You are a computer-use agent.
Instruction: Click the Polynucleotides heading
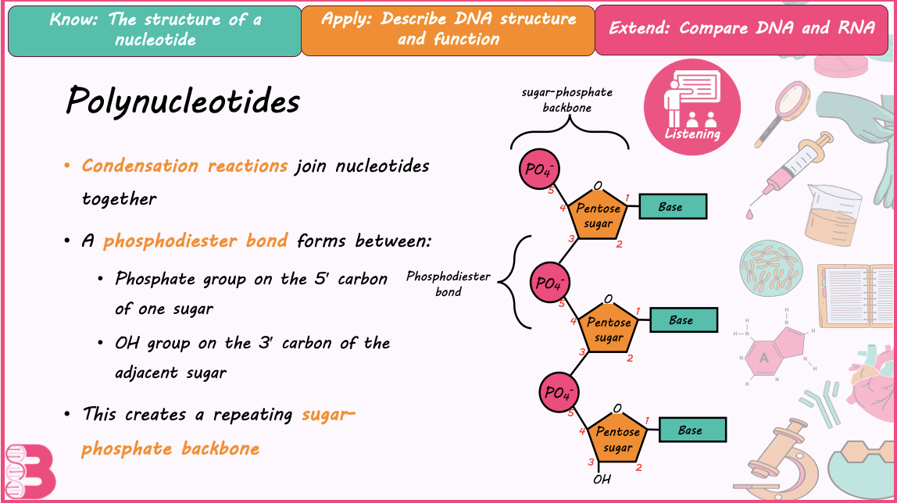coord(183,102)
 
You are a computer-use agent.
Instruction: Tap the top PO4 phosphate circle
coord(538,169)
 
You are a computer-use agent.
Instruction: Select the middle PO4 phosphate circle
coord(550,283)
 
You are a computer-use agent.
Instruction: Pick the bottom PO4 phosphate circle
coord(559,393)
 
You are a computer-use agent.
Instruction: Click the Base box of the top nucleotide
coord(673,206)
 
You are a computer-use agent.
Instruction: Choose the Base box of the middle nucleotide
coord(684,320)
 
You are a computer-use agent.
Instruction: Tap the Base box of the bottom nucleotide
coord(693,430)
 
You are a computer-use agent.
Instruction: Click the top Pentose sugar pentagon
coord(598,214)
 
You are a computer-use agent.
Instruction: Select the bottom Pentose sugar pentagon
coord(617,438)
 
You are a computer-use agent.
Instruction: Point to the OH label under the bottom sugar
coord(602,480)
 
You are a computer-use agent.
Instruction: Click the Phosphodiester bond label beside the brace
coord(448,284)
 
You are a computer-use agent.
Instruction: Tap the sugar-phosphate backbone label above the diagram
coord(567,100)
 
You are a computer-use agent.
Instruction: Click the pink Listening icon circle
coord(692,108)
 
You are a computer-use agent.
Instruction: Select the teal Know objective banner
coord(155,31)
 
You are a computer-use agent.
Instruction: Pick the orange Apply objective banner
coord(448,30)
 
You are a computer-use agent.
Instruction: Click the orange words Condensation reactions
coord(184,166)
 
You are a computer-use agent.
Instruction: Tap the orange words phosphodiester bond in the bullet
coord(195,241)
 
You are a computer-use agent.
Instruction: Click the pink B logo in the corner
coord(30,472)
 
